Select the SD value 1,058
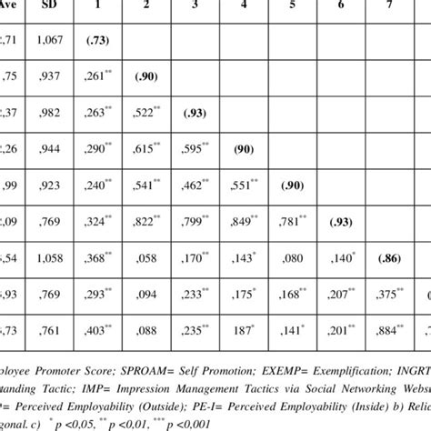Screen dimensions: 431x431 point(45,258)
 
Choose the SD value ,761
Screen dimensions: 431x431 point(45,331)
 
